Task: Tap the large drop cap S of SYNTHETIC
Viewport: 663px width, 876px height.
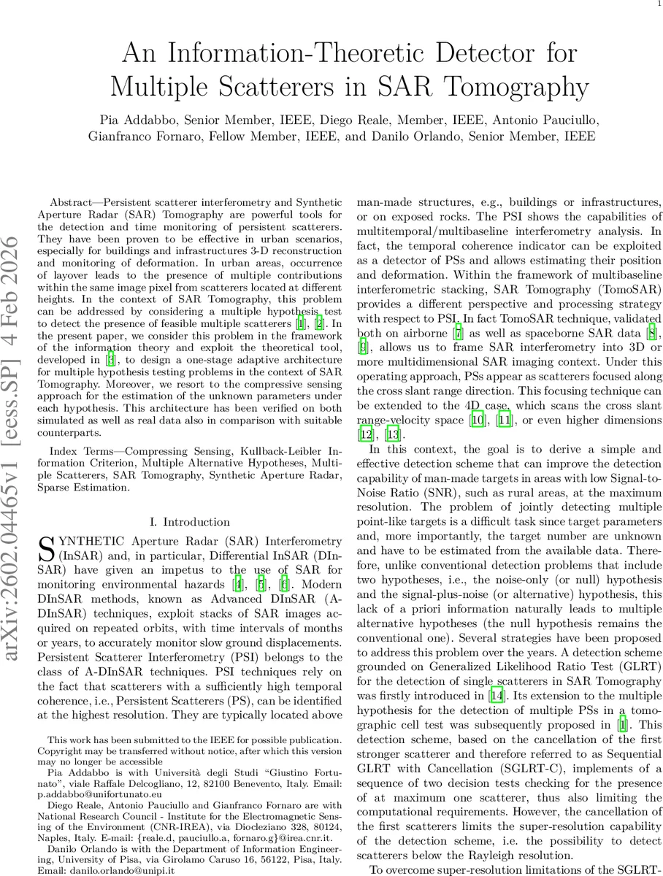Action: pyautogui.click(x=45, y=548)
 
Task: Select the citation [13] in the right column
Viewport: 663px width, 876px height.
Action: pyautogui.click(x=393, y=435)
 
